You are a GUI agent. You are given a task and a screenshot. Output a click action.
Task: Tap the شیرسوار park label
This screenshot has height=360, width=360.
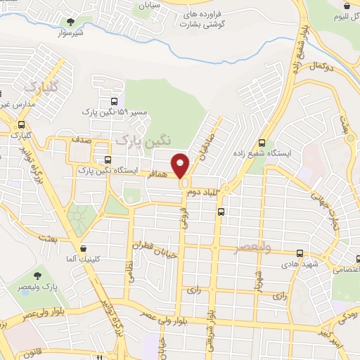tap(70, 34)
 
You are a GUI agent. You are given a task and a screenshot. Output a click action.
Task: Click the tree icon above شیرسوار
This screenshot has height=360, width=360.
tap(70, 22)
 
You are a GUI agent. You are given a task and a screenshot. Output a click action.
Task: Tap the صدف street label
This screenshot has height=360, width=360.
tap(80, 139)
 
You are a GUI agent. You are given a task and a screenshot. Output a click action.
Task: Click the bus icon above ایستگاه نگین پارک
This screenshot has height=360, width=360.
tap(108, 160)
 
